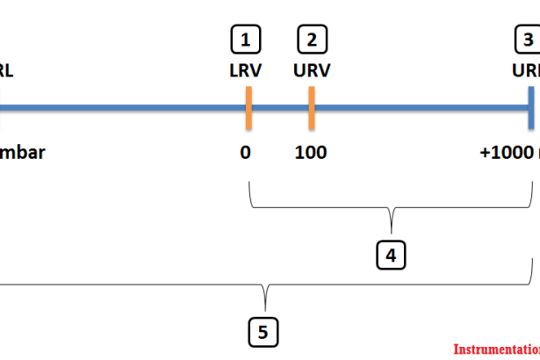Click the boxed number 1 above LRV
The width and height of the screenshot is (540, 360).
[x=246, y=40]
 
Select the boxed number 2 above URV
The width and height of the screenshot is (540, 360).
[x=311, y=40]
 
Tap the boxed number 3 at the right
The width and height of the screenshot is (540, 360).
[x=528, y=40]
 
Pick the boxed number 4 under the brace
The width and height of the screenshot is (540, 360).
[x=391, y=256]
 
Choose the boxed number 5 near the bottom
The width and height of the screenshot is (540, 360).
[x=263, y=332]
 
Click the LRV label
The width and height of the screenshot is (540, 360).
[x=245, y=71]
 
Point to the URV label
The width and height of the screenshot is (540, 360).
[x=311, y=71]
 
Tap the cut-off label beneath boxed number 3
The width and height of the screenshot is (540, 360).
[x=527, y=71]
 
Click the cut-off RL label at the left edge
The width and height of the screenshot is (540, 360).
[x=6, y=71]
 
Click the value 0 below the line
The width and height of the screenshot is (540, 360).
[x=245, y=152]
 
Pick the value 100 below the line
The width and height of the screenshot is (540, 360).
[x=311, y=152]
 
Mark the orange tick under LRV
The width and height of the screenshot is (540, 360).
[x=248, y=108]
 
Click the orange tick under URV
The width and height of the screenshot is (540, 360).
[x=311, y=108]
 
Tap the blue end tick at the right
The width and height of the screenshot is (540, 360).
[x=531, y=108]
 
